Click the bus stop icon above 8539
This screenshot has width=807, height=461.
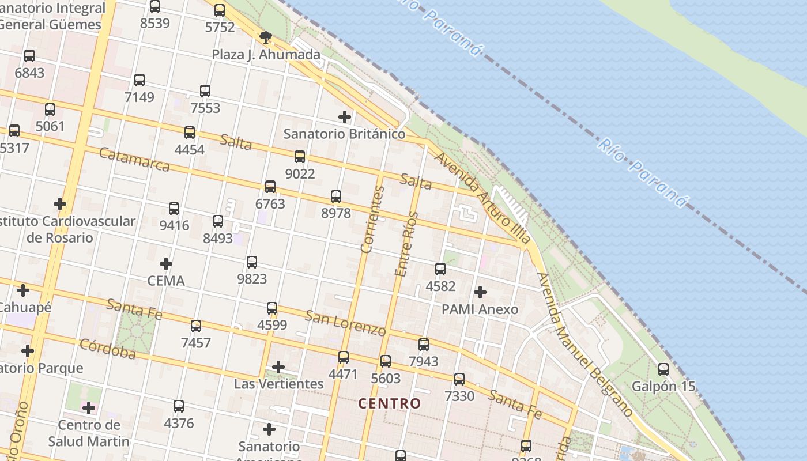155,6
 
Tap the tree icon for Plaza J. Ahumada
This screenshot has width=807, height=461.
266,38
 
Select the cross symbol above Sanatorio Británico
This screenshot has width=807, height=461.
345,117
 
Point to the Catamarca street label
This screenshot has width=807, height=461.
134,159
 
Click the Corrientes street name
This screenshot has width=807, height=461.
372,220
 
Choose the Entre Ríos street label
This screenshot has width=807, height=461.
405,244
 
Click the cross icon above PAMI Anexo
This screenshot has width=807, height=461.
480,292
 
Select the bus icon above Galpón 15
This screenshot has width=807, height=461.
663,369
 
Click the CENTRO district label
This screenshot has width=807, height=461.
390,403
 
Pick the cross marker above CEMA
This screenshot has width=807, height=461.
166,264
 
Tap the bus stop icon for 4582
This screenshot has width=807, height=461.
440,269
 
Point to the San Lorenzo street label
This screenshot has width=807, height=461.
345,323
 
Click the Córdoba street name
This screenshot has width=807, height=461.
108,349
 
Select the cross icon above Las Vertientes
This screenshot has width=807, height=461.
278,367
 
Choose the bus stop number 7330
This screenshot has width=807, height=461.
459,396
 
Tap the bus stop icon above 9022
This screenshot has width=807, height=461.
300,156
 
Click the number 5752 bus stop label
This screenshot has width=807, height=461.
220,27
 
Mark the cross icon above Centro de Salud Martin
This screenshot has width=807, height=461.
88,408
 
